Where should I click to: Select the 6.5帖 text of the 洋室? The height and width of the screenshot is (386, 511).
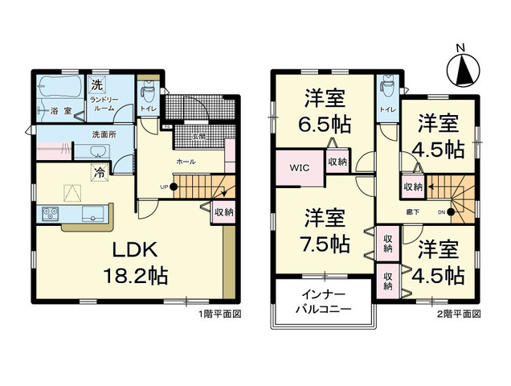click(x=325, y=126)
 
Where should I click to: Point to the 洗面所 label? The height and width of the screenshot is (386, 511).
click(x=105, y=134)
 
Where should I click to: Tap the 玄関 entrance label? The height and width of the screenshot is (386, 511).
click(x=200, y=136)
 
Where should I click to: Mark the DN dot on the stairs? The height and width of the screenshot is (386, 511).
click(x=450, y=212)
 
